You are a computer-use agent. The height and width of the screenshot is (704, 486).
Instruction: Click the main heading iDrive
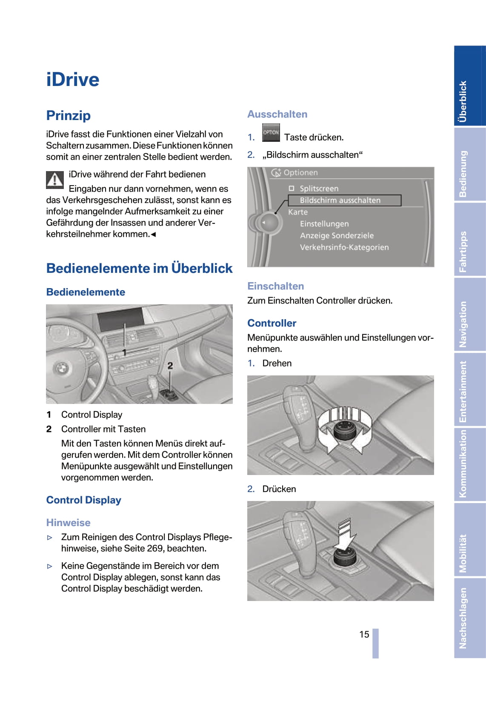click(x=73, y=80)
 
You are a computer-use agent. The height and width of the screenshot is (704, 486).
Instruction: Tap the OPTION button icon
click(x=271, y=132)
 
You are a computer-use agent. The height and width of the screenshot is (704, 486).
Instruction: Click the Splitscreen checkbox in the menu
click(x=292, y=188)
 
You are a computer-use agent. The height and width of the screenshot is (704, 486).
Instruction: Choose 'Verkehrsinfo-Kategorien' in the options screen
click(x=344, y=247)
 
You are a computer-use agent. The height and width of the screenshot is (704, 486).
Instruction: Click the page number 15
click(x=364, y=634)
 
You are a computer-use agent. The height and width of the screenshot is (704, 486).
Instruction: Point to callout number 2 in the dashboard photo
click(x=170, y=366)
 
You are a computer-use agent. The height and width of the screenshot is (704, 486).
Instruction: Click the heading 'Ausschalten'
click(x=277, y=114)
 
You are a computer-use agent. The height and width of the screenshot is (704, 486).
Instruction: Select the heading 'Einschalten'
click(x=275, y=286)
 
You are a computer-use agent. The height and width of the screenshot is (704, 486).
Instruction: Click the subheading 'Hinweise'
click(x=68, y=522)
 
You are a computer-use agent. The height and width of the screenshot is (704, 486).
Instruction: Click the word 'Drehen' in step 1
click(x=277, y=363)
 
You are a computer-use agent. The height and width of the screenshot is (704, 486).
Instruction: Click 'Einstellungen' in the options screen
click(x=324, y=224)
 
